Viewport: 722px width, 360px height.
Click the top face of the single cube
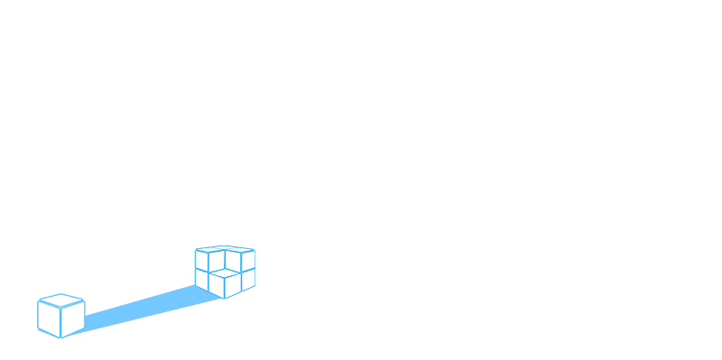tap(60, 298)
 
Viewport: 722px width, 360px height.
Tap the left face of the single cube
tap(49, 317)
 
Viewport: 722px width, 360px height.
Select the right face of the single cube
tap(73, 317)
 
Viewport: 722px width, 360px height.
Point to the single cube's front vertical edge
tap(61, 321)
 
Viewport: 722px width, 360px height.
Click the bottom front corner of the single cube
tap(61, 337)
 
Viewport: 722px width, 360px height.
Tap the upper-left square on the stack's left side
tap(201, 258)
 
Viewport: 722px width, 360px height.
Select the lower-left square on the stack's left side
tap(201, 278)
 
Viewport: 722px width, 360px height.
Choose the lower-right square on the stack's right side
tap(248, 278)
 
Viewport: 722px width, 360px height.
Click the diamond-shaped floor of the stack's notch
tap(225, 270)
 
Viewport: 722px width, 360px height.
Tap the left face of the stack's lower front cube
tap(217, 283)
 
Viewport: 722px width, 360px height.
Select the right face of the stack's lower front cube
tap(233, 283)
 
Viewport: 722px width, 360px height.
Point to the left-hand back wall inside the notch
tap(217, 261)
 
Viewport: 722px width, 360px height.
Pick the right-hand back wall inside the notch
tap(233, 261)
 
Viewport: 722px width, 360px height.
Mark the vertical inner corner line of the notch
tap(225, 258)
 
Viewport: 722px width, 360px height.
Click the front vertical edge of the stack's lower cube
tap(225, 286)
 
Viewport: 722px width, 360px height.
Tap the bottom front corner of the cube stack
tap(225, 298)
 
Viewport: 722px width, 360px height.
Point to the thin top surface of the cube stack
tap(225, 248)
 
